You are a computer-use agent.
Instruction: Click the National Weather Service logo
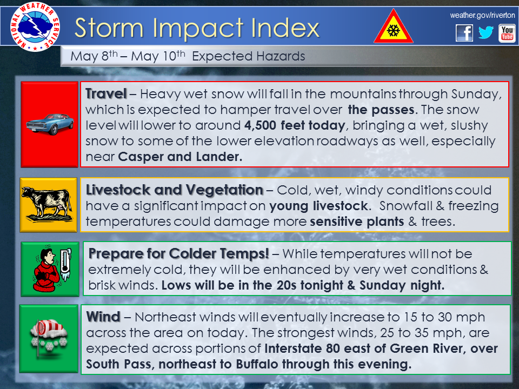tap(35, 27)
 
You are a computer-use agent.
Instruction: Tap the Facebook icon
tap(464, 33)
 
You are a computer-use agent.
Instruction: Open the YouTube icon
tap(507, 33)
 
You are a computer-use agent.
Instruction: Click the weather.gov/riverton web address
tap(482, 15)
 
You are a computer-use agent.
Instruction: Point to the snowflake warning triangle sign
tap(393, 27)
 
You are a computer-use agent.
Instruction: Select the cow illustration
tap(46, 204)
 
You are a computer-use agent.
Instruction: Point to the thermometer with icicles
tap(65, 265)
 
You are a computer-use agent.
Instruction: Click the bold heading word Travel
tap(106, 94)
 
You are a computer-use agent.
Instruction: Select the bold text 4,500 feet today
tap(295, 125)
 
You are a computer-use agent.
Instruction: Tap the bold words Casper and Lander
tap(180, 157)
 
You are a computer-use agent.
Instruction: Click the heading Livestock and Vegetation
tap(175, 190)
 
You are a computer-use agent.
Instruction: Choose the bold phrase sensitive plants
tap(357, 222)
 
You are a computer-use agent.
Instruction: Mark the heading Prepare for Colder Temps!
tap(179, 254)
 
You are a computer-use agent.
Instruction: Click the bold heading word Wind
tap(103, 317)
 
